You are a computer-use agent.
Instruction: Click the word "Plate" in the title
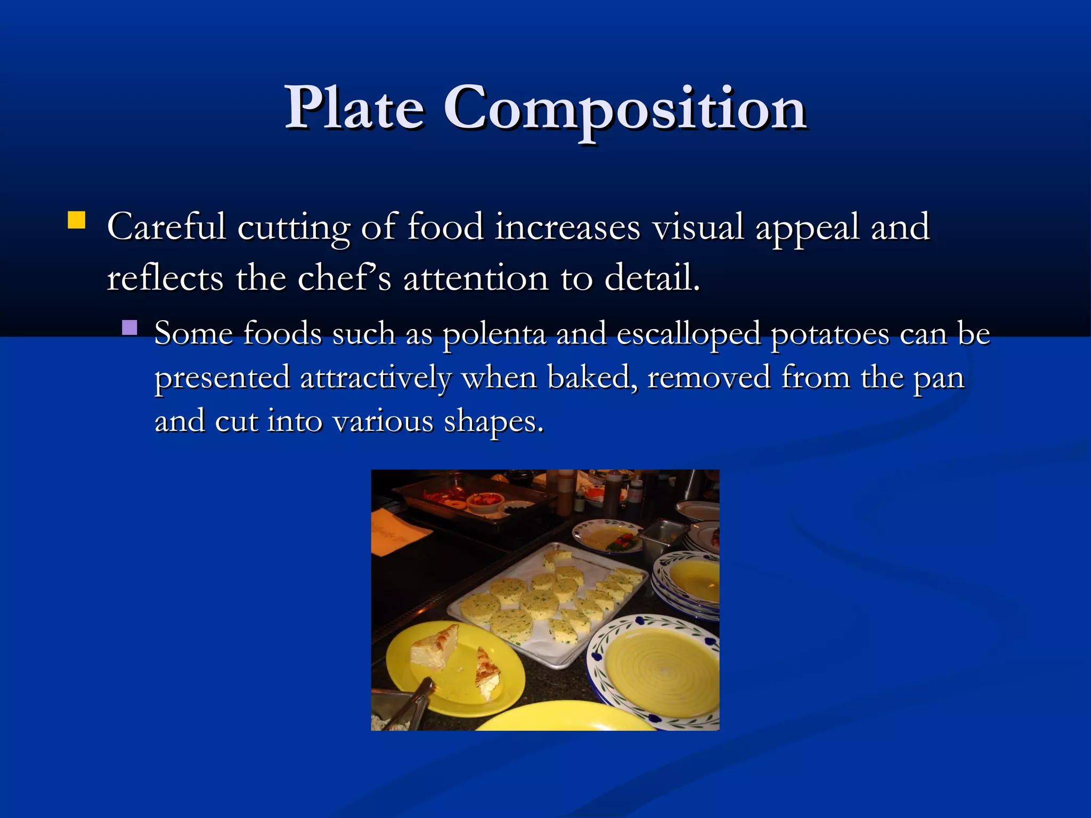tap(355, 109)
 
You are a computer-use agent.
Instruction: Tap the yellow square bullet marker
tap(77, 220)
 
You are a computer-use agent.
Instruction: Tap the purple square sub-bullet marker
tap(129, 327)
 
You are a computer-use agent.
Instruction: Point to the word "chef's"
tap(344, 279)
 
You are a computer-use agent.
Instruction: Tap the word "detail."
tap(652, 279)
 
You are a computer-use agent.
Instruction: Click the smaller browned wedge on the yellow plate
tap(488, 674)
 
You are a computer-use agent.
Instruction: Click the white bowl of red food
tap(485, 501)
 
